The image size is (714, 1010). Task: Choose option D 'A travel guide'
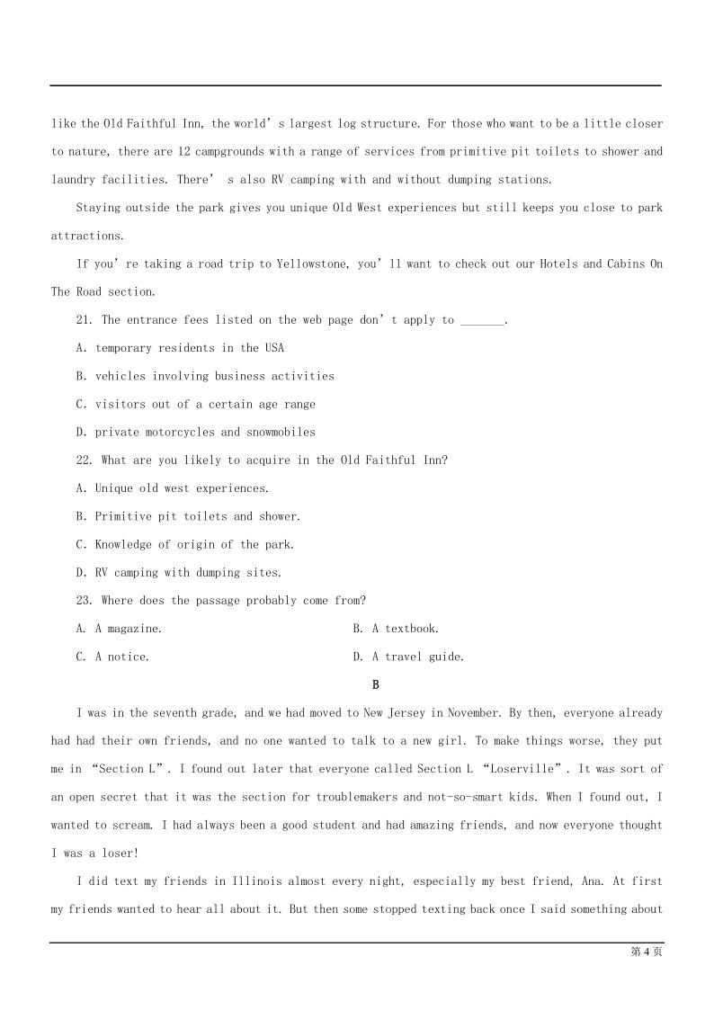point(408,657)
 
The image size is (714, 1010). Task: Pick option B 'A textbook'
point(396,629)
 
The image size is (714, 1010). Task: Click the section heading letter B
point(376,684)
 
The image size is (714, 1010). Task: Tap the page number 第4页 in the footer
point(647,952)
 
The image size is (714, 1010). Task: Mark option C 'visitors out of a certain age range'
point(196,405)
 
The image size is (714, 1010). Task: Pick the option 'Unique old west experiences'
point(173,488)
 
